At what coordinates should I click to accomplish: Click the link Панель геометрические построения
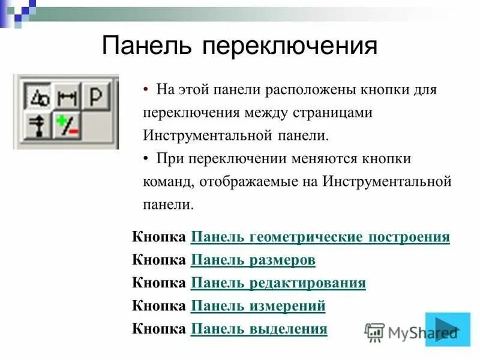pyautogui.click(x=320, y=237)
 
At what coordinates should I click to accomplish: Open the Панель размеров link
pyautogui.click(x=253, y=260)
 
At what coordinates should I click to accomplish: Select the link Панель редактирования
pyautogui.click(x=278, y=283)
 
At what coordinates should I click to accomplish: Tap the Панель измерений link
pyautogui.click(x=257, y=306)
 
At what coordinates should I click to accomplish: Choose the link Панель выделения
pyautogui.click(x=259, y=329)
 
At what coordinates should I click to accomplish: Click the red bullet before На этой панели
pyautogui.click(x=146, y=89)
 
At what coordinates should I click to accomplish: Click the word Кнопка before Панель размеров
pyautogui.click(x=159, y=260)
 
